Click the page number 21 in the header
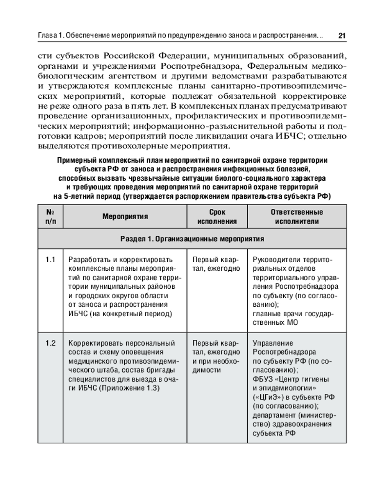coord(342,36)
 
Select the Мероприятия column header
coord(125,217)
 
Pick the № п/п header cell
coord(51,217)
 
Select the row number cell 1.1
coord(51,259)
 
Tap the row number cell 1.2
coord(51,342)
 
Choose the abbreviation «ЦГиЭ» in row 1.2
coord(267,397)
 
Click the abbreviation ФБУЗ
coord(263,379)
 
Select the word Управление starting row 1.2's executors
coord(273,342)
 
